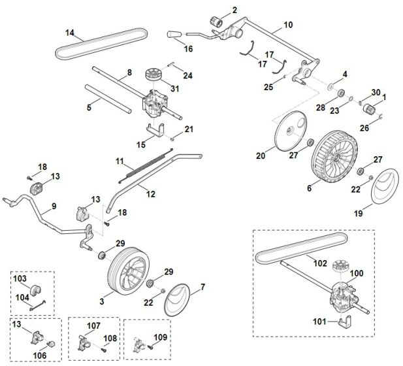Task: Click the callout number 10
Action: [x=288, y=27]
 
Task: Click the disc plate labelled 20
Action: [x=288, y=134]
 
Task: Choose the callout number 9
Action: [x=54, y=206]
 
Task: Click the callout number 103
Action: [x=20, y=279]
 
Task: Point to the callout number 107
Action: [x=94, y=324]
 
